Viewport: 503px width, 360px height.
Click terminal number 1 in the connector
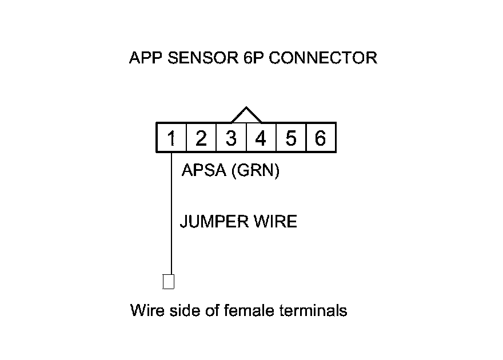coord(171,138)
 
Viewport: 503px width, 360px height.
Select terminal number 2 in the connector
coord(201,138)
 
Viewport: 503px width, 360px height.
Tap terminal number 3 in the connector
coord(231,138)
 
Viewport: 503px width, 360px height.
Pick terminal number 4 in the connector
coord(261,138)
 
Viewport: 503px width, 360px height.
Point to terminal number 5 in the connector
coord(291,138)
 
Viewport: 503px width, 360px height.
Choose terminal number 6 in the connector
coord(321,138)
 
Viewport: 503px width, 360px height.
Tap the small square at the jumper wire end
coord(168,282)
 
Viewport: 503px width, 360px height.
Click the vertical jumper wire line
coord(171,217)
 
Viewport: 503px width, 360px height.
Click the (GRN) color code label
coord(256,170)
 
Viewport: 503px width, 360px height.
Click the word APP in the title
coord(145,58)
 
